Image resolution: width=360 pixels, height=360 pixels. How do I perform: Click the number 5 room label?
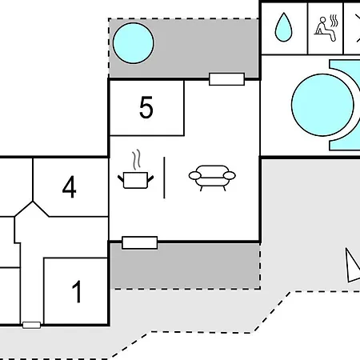tap(146, 107)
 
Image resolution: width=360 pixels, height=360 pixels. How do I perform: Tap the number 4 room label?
tap(70, 187)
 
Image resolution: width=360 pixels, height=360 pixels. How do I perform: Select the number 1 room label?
tap(77, 292)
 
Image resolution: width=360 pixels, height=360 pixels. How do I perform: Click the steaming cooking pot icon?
tap(136, 170)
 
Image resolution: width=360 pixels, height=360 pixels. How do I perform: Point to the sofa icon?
tap(212, 178)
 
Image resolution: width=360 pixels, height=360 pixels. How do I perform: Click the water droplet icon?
tap(283, 27)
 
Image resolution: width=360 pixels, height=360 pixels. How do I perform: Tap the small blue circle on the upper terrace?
tap(134, 43)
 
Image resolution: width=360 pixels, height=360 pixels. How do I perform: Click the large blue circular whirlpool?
tap(322, 105)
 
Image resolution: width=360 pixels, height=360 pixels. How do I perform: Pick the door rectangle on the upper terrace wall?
tap(226, 79)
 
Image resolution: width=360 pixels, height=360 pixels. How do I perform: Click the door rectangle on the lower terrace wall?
tap(139, 242)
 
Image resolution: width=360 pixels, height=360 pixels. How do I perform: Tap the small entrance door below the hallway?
tap(31, 325)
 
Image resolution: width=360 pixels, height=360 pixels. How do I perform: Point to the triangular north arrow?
tap(352, 266)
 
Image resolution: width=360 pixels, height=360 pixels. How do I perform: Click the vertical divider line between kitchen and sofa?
tap(164, 178)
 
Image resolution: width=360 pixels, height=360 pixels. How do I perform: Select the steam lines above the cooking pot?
tap(137, 159)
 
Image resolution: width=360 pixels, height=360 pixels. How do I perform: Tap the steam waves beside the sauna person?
tap(334, 21)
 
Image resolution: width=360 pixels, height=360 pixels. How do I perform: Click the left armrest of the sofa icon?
tap(195, 176)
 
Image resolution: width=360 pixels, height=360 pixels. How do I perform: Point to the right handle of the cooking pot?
tap(150, 178)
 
